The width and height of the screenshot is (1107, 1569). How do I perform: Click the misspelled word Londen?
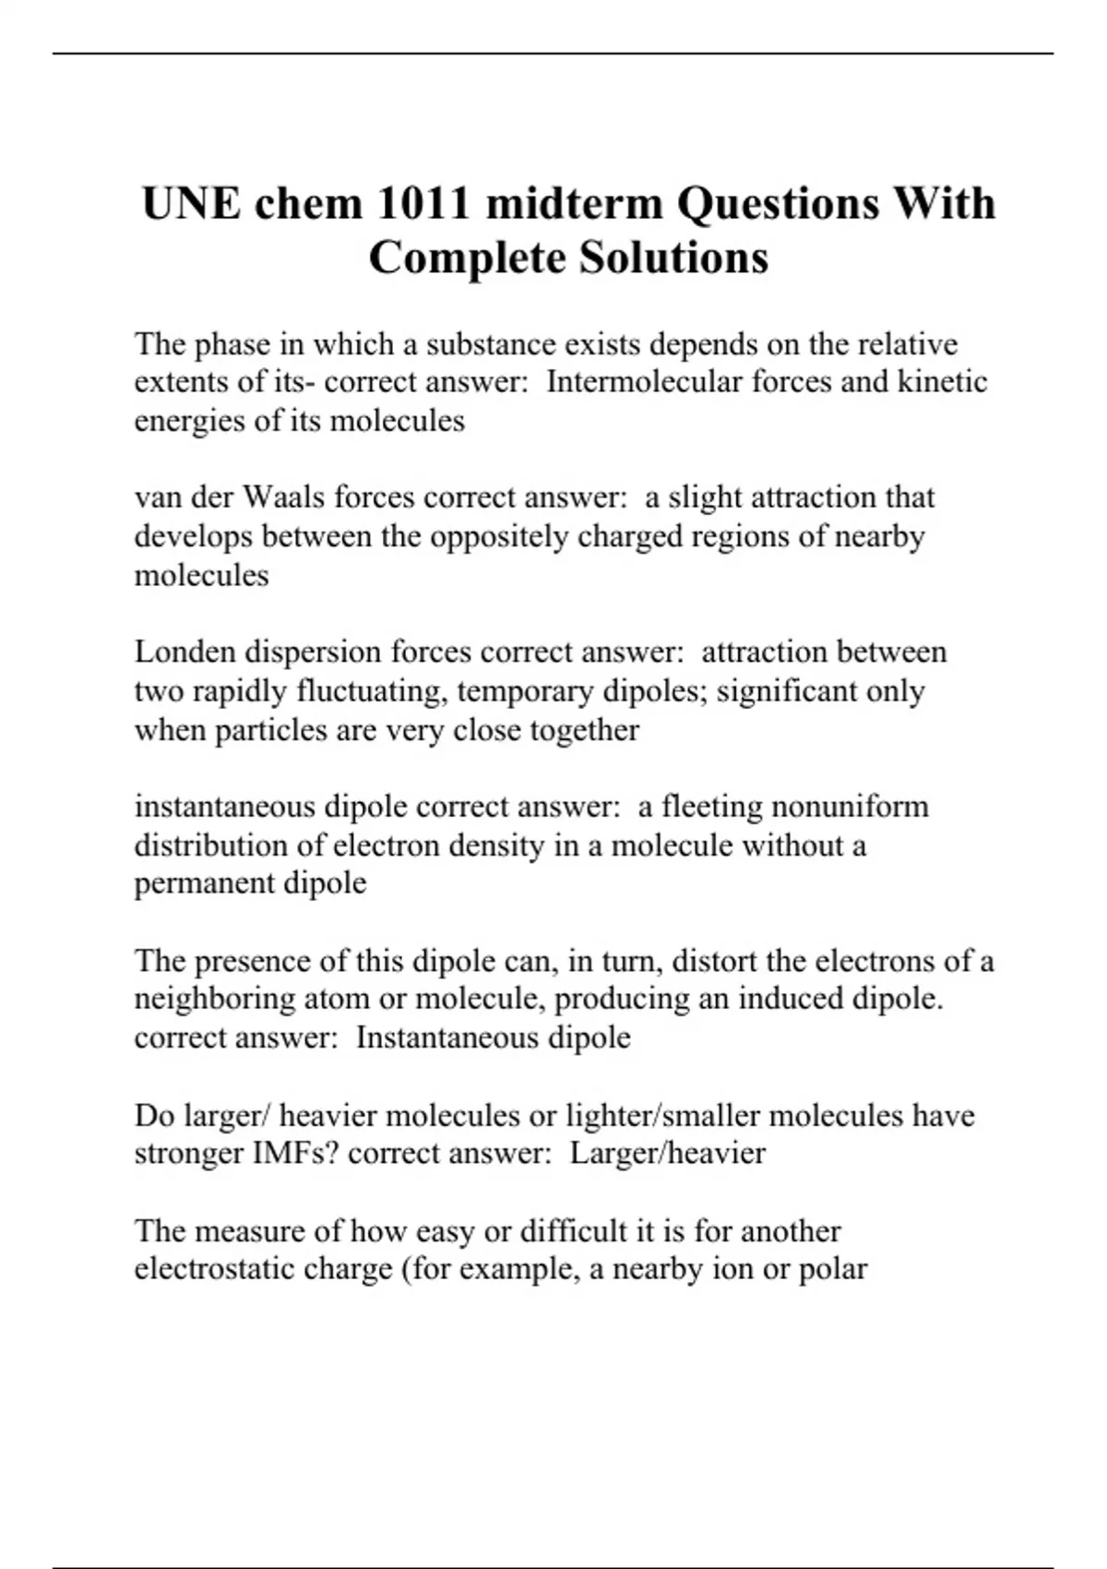pyautogui.click(x=184, y=653)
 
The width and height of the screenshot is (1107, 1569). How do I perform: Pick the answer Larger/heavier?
pyautogui.click(x=667, y=1154)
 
